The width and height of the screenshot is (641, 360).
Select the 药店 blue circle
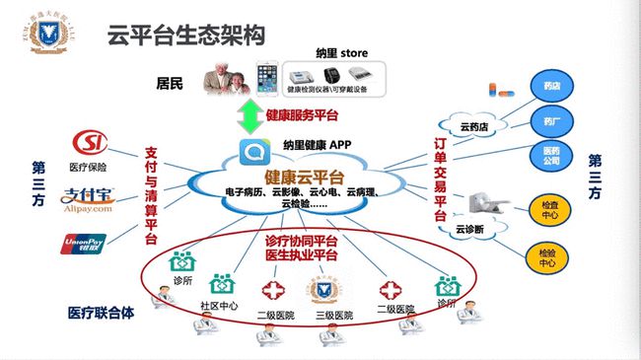[x=550, y=87]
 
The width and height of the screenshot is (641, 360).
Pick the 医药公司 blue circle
[x=550, y=157]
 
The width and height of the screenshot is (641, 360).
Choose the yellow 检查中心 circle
[x=549, y=209]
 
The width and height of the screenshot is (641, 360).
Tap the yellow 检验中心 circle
[x=545, y=258]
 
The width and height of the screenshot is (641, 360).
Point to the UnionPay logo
[x=86, y=241]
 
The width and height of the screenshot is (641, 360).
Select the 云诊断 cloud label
[x=469, y=229]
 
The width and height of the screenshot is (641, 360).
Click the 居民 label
[x=171, y=80]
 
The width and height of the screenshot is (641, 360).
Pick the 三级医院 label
[x=332, y=315]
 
